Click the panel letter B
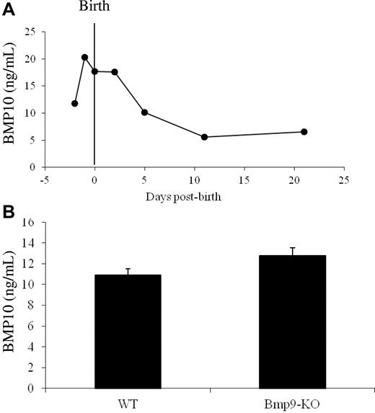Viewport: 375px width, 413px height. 6,214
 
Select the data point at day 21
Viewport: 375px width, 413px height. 304,132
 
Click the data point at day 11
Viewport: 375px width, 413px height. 205,137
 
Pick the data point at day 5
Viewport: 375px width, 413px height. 145,112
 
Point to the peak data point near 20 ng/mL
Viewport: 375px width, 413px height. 85,57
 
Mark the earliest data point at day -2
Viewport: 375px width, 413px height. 75,104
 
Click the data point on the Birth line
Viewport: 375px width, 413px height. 95,71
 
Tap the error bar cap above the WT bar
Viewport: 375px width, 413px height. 128,269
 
